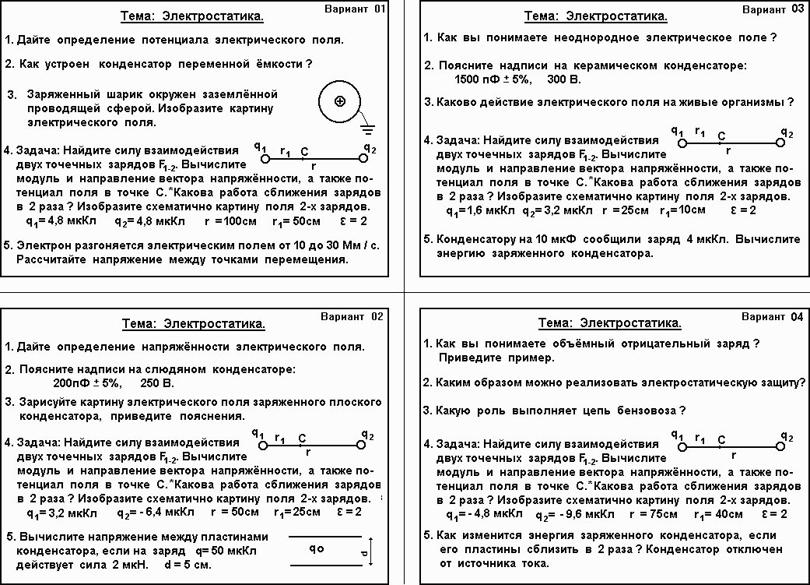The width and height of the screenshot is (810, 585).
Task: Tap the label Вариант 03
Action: coord(773,9)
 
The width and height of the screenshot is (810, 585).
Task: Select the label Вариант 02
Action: coord(352,316)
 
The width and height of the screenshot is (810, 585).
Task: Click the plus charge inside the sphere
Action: coord(339,101)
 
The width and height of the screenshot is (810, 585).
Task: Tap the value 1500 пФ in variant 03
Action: coord(477,79)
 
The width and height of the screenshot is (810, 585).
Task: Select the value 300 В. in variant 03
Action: coord(564,79)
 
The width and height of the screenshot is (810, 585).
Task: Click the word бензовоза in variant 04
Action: coord(647,411)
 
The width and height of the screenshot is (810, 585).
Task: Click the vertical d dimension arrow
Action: coord(372,552)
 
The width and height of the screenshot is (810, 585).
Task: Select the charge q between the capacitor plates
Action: coord(316,548)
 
